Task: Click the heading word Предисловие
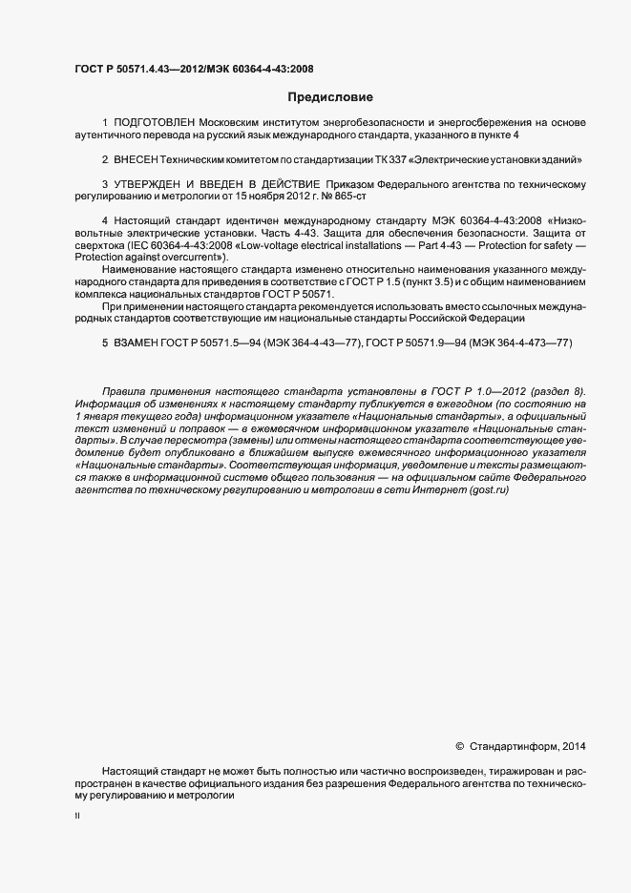click(x=330, y=97)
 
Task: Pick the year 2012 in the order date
click(x=284, y=194)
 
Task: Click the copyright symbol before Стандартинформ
click(x=459, y=746)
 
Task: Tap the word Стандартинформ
click(x=513, y=746)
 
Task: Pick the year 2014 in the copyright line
click(x=575, y=746)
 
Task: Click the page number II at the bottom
click(x=77, y=816)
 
